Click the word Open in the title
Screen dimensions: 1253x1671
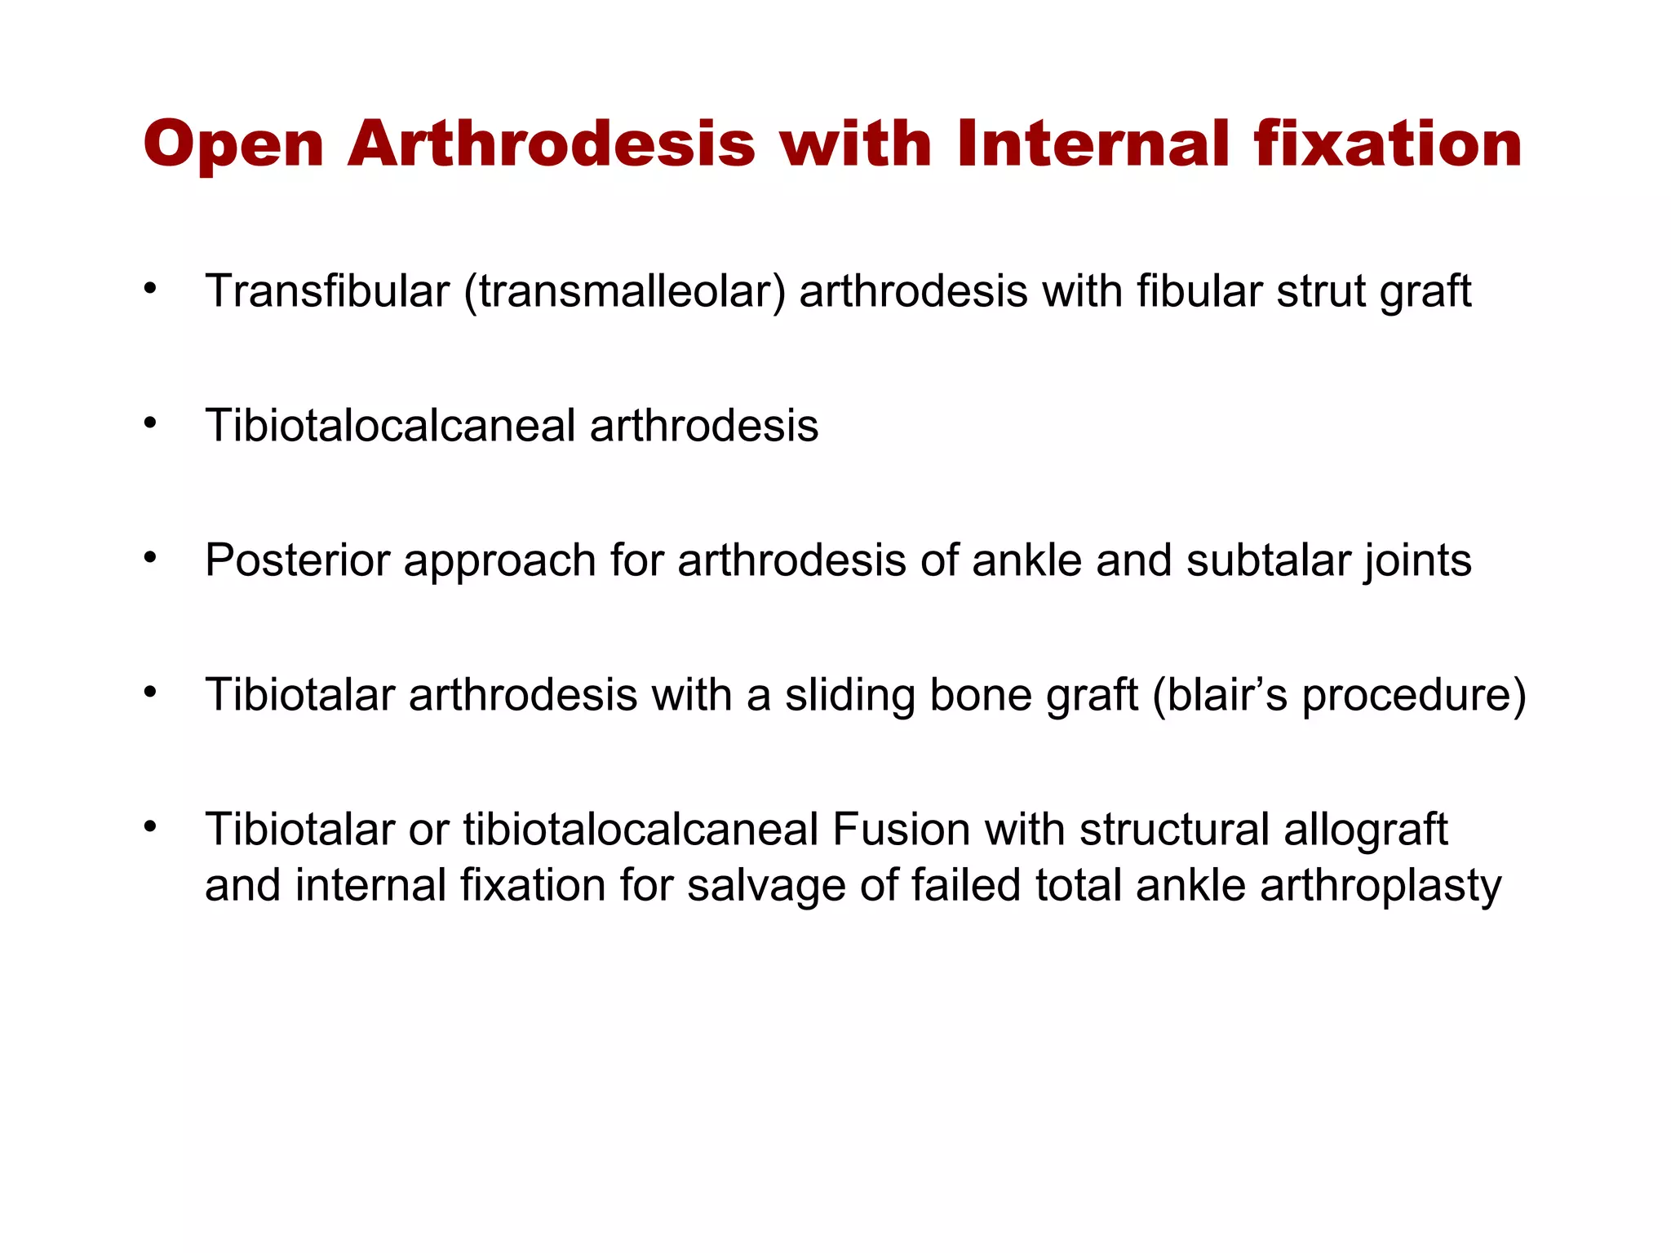click(233, 145)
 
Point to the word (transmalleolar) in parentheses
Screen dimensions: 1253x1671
click(625, 292)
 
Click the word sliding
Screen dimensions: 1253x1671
click(849, 696)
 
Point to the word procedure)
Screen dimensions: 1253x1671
click(1413, 696)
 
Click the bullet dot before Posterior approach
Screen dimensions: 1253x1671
click(149, 557)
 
